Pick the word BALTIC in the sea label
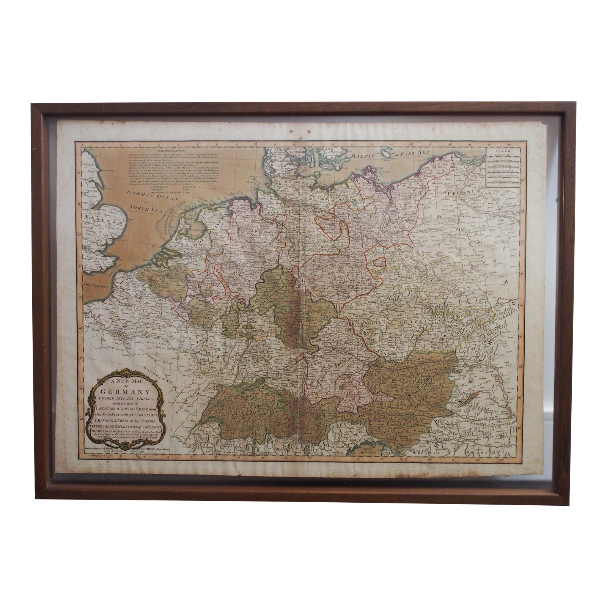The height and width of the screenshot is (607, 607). click(364, 155)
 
